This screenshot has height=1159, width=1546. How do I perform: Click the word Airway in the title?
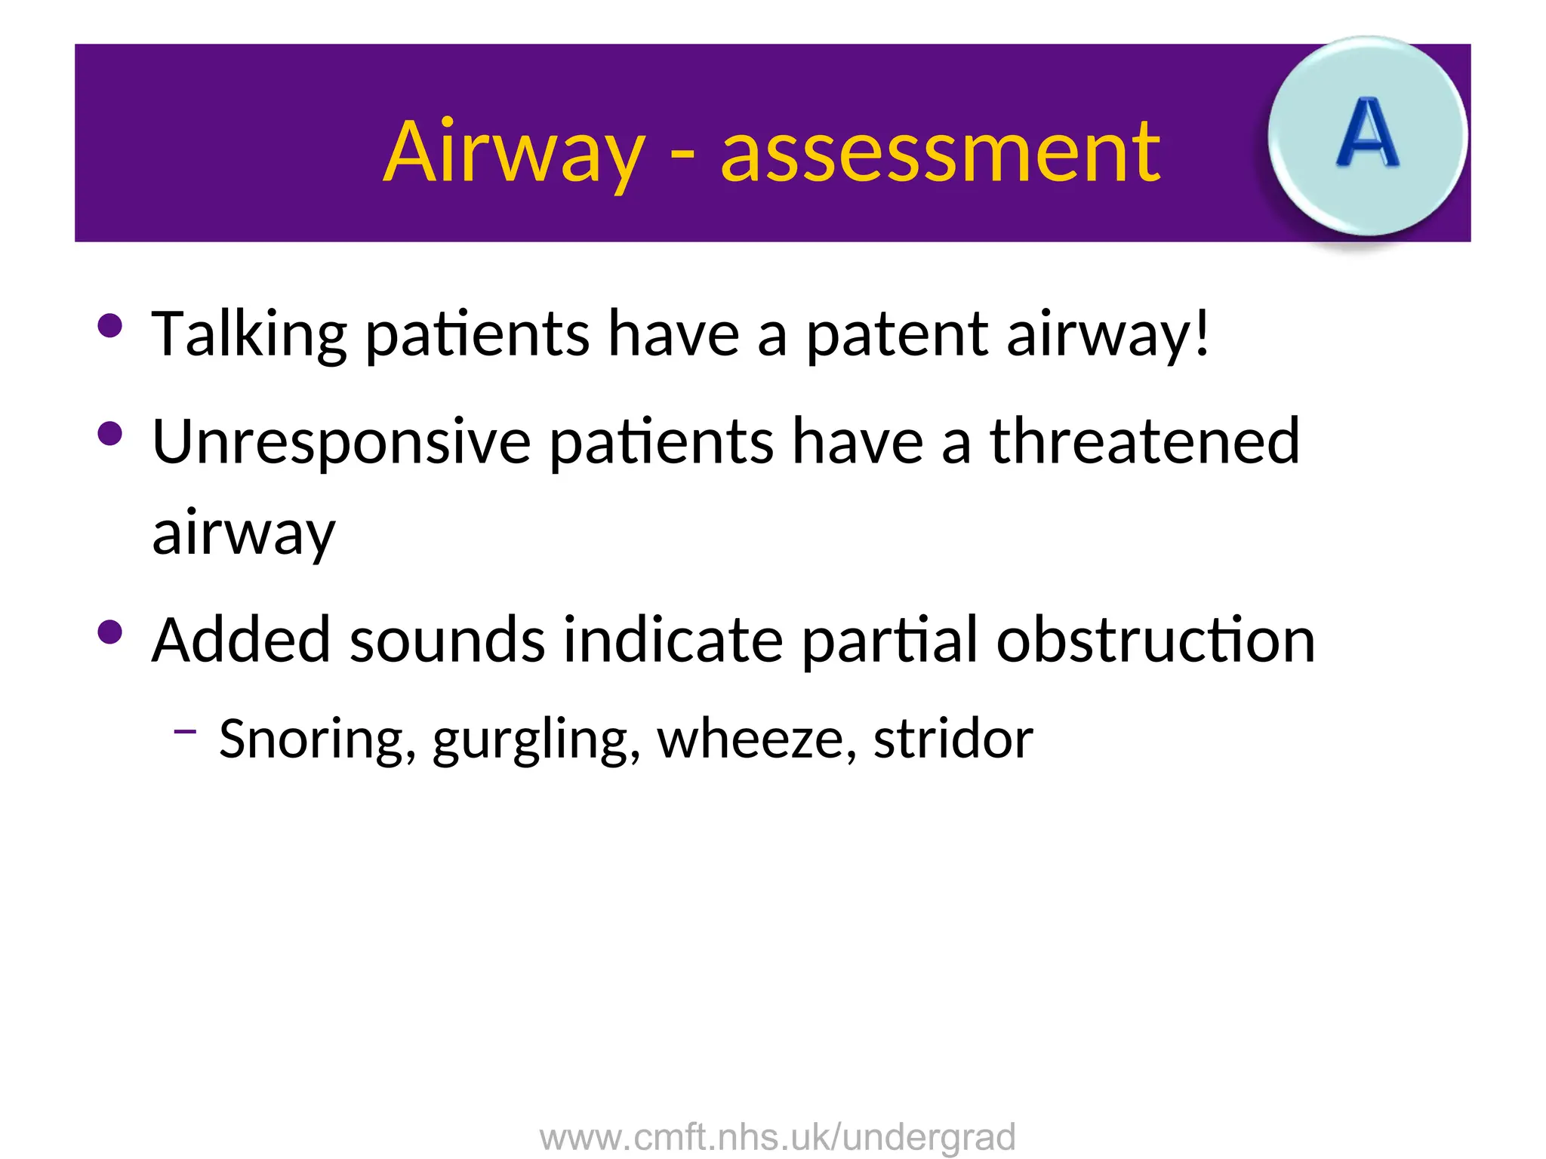tap(514, 152)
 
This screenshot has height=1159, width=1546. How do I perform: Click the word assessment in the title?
tap(940, 154)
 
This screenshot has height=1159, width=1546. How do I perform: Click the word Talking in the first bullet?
tap(249, 334)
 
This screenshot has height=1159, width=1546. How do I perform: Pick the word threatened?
tap(1144, 441)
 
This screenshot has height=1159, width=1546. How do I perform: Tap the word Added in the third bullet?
tap(241, 640)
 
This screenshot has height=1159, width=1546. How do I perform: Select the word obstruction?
tap(1155, 640)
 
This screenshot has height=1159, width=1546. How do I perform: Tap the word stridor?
tap(953, 739)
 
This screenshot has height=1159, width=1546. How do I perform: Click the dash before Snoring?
tap(185, 730)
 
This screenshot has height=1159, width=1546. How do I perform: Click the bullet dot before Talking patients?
tap(110, 326)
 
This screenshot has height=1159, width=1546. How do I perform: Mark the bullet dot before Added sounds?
tap(110, 632)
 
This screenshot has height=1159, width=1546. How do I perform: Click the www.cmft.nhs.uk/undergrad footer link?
tap(778, 1137)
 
